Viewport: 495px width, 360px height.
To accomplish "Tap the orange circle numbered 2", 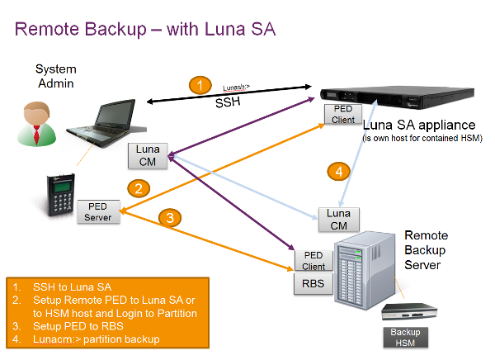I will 141,187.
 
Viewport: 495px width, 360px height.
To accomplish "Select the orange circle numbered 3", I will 169,219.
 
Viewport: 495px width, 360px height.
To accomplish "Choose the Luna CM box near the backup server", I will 338,219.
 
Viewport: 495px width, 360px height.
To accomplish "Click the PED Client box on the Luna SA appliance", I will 343,114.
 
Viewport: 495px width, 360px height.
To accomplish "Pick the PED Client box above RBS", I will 313,260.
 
